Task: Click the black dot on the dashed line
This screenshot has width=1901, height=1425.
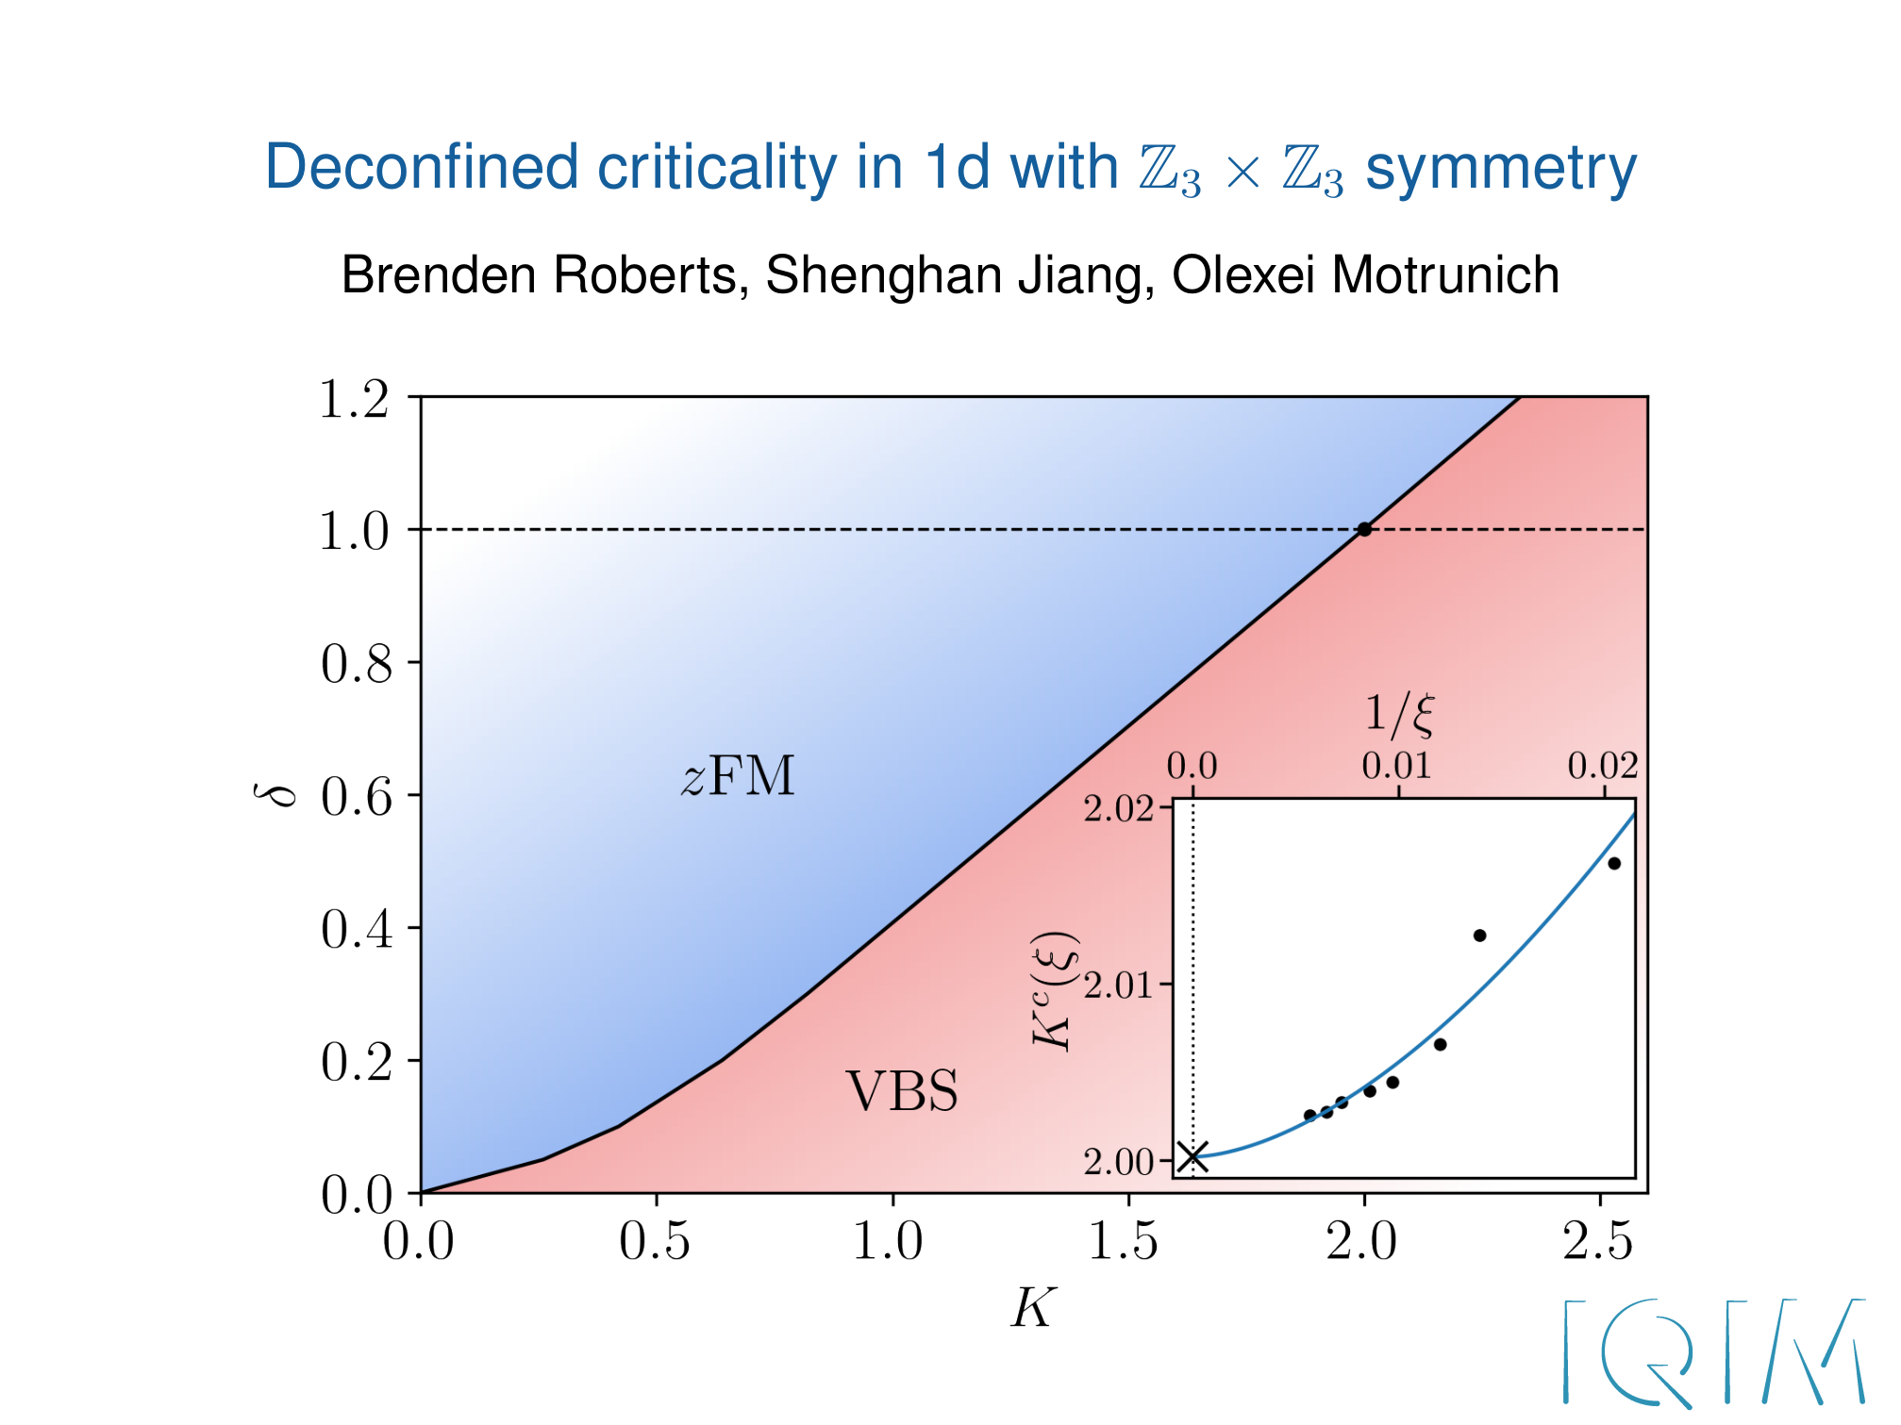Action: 1364,529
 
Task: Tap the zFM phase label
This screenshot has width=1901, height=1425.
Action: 739,777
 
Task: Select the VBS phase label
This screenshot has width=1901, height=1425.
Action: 902,1091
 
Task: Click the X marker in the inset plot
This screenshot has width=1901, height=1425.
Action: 1193,1156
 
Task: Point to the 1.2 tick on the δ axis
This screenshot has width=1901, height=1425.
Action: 355,399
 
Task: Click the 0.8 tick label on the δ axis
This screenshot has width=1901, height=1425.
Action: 356,664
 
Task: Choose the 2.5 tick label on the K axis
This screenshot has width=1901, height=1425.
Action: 1598,1241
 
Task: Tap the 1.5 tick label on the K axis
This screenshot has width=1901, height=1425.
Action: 1124,1241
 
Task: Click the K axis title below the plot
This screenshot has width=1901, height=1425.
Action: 1033,1309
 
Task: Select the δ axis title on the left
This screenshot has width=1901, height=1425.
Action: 274,794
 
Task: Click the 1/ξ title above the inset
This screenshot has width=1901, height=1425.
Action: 1400,713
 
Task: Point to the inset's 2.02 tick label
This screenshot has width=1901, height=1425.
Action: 1118,809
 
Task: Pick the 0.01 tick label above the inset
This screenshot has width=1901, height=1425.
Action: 1397,766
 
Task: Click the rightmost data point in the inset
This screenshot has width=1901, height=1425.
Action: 1614,863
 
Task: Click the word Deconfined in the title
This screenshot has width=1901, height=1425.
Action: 423,168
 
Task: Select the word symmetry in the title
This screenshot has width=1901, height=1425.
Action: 1501,170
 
